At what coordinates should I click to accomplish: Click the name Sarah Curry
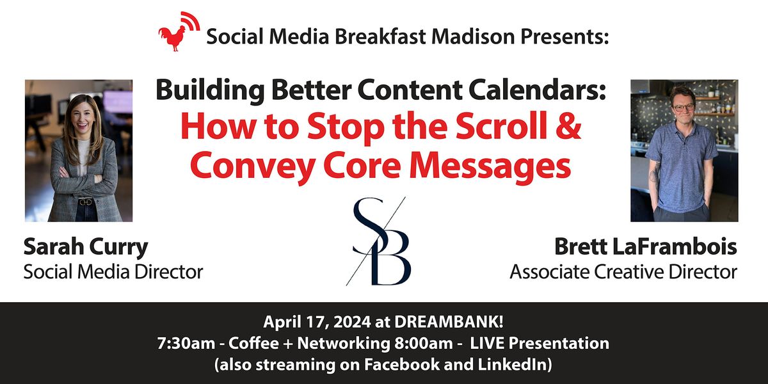click(86, 246)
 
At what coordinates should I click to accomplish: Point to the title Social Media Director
click(113, 271)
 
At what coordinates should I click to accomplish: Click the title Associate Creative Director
click(623, 271)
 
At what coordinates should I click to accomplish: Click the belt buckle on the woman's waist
click(85, 202)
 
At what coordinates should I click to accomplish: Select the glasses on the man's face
click(683, 108)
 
